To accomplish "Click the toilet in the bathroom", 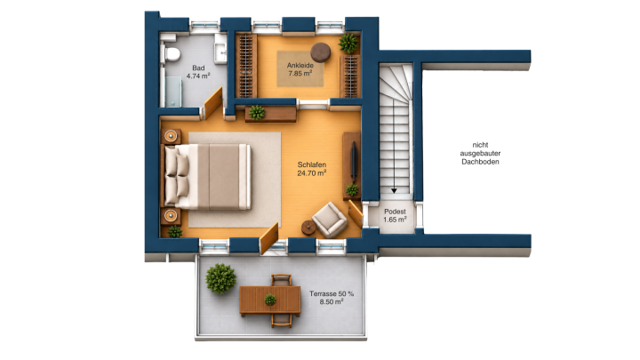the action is tap(171, 54).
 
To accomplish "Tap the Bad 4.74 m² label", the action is tap(198, 72).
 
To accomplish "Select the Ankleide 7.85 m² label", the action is tap(300, 69).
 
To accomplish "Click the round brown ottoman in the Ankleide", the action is tap(320, 52).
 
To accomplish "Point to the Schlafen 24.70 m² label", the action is tap(311, 169).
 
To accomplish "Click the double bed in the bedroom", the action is tap(207, 176).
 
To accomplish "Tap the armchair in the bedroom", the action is tap(330, 220).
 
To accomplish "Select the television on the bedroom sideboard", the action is tap(354, 160).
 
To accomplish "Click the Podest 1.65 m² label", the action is tap(395, 215).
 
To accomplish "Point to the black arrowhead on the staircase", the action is tap(394, 190).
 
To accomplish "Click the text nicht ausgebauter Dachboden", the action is tap(480, 153).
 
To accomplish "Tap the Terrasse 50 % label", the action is tap(332, 293).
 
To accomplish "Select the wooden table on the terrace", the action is tap(270, 300).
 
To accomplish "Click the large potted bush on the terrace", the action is tap(220, 279).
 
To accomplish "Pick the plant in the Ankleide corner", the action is tap(348, 44).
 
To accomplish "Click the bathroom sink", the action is tap(220, 49).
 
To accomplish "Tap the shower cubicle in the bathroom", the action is tap(173, 92).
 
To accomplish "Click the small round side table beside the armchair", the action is tap(308, 228).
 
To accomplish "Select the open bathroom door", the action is tap(212, 102).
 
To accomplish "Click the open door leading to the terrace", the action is tap(268, 238).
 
